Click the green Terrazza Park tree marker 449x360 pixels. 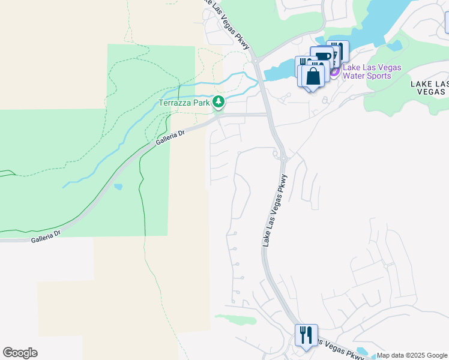pos(219,102)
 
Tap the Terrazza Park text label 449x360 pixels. pos(184,103)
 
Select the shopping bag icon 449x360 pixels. pos(313,76)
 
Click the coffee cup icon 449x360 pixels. pos(323,57)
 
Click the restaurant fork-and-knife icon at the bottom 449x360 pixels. pos(306,335)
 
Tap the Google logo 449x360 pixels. pos(20,353)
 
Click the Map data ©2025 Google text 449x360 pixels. pos(412,356)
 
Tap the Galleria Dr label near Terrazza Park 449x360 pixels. pos(170,140)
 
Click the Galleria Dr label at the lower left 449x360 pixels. pos(46,236)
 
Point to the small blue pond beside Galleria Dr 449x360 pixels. pos(118,187)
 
